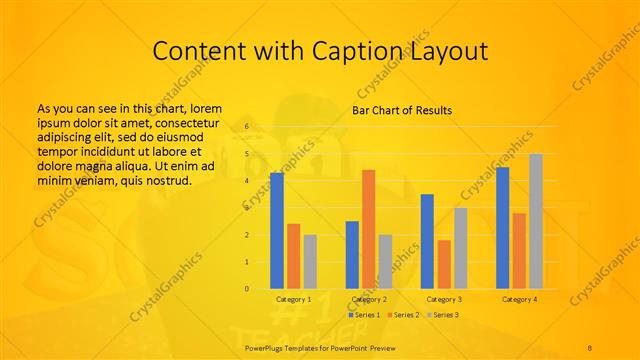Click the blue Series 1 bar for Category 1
coord(277,231)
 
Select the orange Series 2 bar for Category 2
coord(369,230)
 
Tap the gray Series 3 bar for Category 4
coord(536,221)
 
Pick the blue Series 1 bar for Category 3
coord(427,241)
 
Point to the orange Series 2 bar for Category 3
coord(444,264)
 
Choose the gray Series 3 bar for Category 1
coord(310,262)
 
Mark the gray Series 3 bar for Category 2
coord(386,262)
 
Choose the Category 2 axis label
coord(369,299)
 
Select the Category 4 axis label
coord(519,299)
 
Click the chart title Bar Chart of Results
coord(402,110)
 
